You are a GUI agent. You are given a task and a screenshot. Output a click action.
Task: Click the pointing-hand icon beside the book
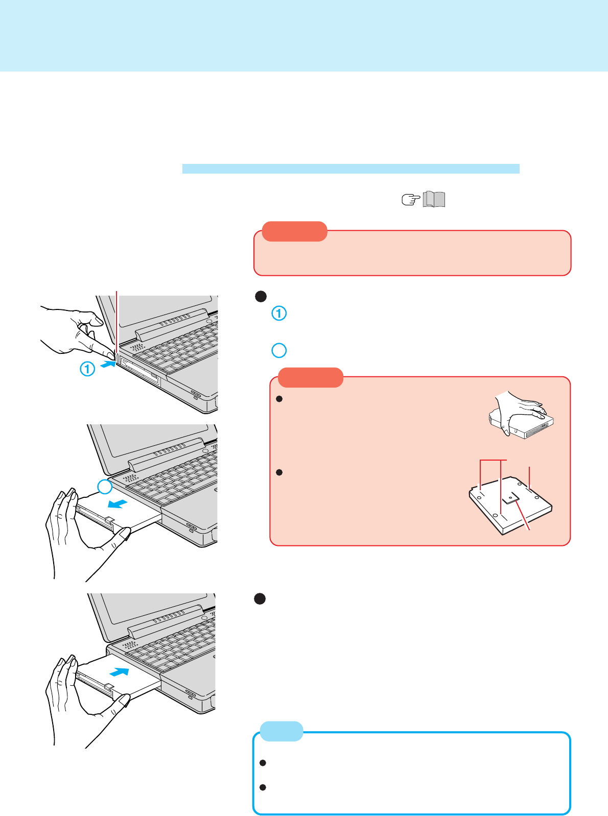(411, 200)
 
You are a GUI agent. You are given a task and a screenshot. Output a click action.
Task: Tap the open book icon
(434, 199)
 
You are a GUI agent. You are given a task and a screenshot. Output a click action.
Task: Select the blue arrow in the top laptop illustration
(108, 364)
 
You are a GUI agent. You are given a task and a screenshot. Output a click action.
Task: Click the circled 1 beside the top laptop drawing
(87, 369)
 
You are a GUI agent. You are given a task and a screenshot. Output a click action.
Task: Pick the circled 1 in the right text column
(279, 313)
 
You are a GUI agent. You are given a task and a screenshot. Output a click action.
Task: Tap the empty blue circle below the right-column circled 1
(279, 350)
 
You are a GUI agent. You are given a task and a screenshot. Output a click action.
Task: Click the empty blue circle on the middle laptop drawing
(105, 486)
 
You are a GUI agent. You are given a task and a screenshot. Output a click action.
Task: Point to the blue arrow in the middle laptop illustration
(118, 503)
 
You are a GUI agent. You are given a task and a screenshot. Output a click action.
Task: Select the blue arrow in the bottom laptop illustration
(120, 672)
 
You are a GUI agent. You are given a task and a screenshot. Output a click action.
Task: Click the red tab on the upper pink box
(295, 231)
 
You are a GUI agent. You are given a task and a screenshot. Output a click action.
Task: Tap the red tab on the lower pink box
(311, 377)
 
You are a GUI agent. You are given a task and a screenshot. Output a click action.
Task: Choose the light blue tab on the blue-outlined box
(282, 731)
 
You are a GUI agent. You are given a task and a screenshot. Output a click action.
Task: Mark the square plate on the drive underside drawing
(511, 498)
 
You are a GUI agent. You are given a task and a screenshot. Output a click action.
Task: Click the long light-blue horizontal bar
(350, 169)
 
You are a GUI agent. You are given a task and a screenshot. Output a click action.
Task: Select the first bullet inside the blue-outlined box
(263, 763)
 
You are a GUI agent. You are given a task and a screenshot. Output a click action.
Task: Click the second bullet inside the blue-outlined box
(263, 787)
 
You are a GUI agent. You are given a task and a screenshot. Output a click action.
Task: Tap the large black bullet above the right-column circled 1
(261, 297)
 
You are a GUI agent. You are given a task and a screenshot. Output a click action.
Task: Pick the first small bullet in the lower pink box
(279, 399)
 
